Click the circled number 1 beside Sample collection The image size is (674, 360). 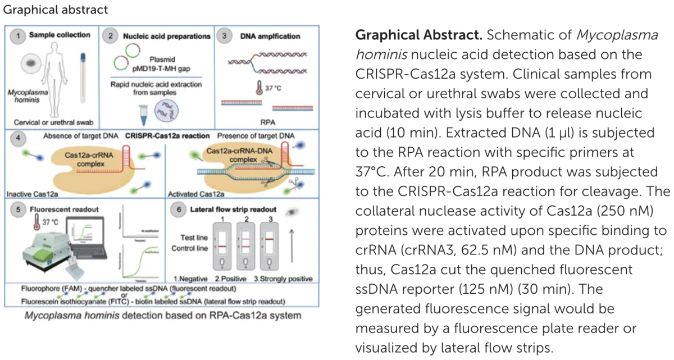[x=19, y=36]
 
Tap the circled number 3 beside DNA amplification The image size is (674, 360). [x=224, y=36]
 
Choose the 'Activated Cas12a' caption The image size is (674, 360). [x=191, y=194]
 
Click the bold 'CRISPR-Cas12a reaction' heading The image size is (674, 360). [x=167, y=136]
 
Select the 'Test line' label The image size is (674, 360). [x=194, y=238]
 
